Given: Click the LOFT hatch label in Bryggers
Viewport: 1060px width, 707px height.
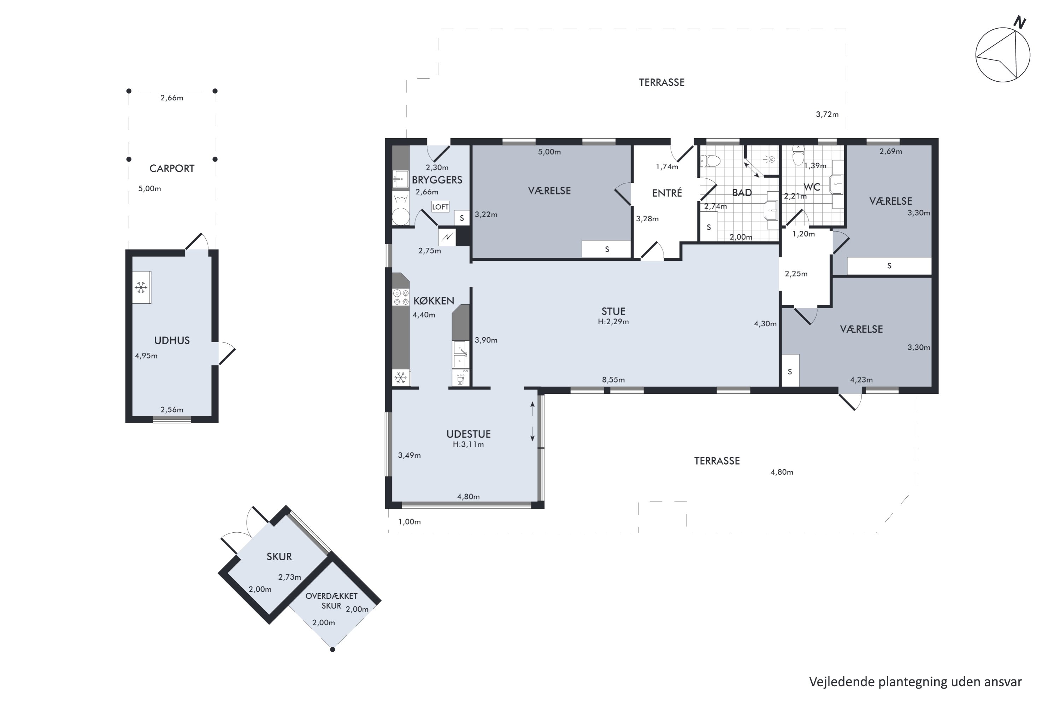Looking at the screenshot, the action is point(440,207).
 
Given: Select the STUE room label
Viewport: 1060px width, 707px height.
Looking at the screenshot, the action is point(613,311).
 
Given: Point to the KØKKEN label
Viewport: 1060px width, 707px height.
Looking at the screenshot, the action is point(434,301).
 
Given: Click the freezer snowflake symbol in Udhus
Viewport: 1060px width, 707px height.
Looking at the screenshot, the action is point(141,287).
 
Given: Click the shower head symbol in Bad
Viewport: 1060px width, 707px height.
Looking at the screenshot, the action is point(771,159).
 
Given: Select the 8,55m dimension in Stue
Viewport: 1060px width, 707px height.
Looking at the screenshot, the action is point(613,380).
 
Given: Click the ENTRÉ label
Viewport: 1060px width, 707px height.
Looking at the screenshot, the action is point(667,193).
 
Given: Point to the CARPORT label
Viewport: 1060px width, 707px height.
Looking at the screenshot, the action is point(172,169).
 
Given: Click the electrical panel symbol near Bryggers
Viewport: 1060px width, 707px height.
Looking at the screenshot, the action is point(447,237).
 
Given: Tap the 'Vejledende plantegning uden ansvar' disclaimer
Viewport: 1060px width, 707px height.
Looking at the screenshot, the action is point(915,682).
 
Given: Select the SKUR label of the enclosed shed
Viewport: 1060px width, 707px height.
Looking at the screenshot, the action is point(279,557).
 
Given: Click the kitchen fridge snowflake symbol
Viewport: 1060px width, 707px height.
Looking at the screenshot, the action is point(401,378).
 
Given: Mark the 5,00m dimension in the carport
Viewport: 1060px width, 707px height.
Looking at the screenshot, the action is point(149,188).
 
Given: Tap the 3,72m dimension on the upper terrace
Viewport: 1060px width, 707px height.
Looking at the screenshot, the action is point(827,115).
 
